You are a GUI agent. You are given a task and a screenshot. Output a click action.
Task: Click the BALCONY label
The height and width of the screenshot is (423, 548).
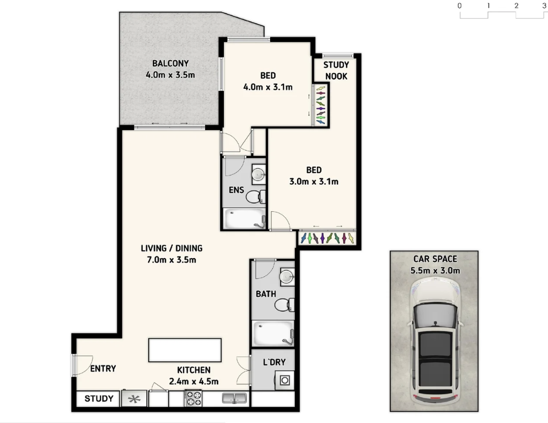[170, 63]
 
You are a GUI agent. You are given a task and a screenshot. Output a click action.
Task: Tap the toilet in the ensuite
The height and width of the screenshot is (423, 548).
[255, 197]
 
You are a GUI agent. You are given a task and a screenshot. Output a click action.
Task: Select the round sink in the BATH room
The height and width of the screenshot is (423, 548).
[287, 277]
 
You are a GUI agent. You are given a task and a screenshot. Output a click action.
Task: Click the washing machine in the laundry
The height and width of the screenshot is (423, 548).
[284, 381]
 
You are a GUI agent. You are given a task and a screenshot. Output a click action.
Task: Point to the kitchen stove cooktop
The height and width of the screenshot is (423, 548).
[194, 399]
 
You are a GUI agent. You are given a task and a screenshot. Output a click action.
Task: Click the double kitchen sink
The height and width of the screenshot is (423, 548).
[234, 398]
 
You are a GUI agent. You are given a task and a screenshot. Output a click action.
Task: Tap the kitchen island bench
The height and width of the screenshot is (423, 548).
[185, 350]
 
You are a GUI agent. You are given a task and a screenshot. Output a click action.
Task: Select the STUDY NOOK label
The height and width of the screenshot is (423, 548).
[336, 70]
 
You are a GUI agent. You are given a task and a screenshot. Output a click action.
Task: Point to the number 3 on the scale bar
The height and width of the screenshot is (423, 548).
[544, 6]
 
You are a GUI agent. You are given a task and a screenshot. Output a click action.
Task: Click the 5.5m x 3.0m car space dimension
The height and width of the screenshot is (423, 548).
[435, 271]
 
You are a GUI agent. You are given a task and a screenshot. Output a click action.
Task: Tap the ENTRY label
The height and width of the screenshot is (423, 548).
[103, 368]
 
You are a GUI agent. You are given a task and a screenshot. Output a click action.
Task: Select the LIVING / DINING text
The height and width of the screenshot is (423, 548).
[171, 248]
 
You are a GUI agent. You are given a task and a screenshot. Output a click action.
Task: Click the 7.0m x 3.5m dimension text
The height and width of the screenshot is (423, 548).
[171, 260]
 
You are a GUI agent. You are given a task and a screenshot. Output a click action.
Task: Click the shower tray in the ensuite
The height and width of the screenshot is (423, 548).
[244, 219]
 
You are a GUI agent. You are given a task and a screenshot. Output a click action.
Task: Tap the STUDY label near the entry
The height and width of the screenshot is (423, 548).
[99, 399]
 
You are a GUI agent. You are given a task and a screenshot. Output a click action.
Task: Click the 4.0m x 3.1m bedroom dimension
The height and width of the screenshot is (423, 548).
[268, 87]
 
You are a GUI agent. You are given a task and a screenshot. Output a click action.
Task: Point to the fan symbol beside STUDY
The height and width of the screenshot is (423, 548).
[134, 399]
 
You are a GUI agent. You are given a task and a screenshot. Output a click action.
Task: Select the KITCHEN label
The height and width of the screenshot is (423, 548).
[194, 370]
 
